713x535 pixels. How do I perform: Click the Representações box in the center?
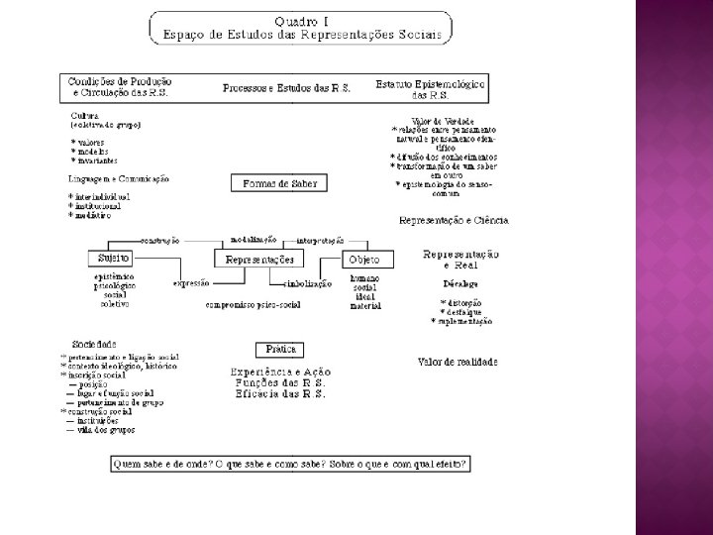(260, 260)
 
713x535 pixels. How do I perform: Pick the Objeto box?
(362, 260)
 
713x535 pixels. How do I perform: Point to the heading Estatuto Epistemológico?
(432, 85)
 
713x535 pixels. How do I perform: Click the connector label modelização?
(254, 240)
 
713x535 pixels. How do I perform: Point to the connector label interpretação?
(320, 240)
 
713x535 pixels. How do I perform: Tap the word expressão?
(191, 283)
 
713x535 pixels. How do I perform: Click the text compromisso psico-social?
(254, 306)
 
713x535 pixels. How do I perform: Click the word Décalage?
(459, 283)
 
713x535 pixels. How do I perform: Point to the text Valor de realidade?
(458, 363)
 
